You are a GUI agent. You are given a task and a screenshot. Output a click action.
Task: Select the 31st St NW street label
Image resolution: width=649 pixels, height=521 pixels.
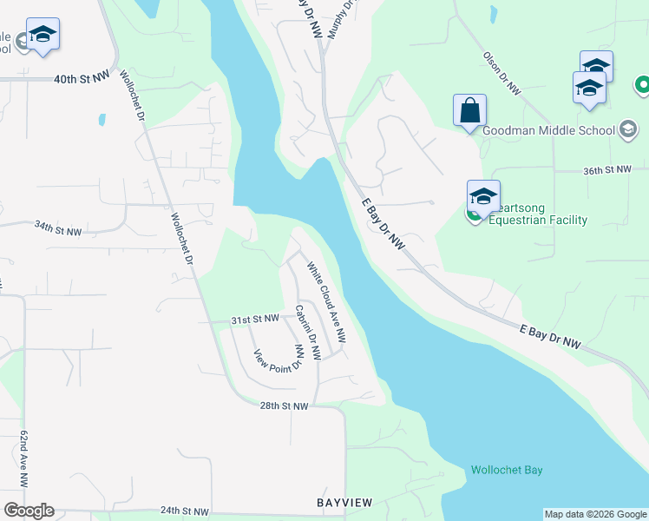pos(255,320)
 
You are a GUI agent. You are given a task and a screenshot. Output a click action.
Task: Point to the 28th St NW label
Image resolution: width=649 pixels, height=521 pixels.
pos(284,406)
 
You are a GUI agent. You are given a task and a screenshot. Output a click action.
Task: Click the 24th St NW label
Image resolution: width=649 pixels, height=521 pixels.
pos(185,511)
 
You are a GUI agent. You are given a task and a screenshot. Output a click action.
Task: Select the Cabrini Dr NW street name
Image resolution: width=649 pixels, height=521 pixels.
pos(307,333)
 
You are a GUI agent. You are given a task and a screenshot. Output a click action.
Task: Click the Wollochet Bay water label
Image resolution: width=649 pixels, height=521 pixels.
pos(507,471)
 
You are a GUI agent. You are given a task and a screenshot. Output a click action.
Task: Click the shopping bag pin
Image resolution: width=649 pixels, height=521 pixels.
pos(469,111)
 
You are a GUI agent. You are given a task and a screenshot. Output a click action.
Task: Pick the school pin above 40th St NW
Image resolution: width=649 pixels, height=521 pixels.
pos(43,36)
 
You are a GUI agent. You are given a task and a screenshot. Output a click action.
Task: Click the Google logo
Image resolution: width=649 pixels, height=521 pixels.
pos(29,511)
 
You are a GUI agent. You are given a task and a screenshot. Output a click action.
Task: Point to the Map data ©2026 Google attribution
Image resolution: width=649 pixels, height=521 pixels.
pos(594,514)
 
